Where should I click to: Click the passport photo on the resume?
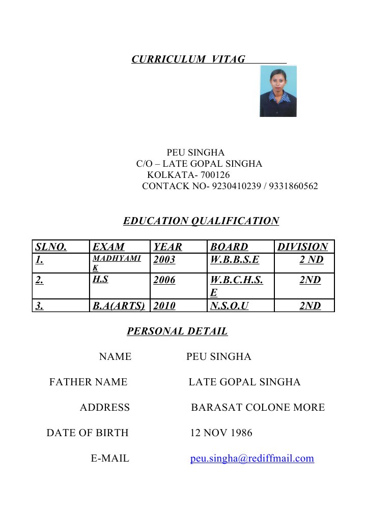click(278, 91)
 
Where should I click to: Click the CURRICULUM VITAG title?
click(188, 59)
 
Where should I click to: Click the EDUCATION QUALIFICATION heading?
click(201, 221)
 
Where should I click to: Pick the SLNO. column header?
click(51, 247)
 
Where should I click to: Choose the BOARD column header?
click(229, 247)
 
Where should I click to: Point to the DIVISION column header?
click(302, 247)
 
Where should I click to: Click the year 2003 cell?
click(164, 260)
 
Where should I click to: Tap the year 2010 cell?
click(164, 306)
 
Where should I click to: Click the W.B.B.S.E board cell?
click(235, 260)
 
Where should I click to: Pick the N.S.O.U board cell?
click(229, 306)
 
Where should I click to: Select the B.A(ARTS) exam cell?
click(119, 306)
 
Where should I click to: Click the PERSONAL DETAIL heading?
click(177, 332)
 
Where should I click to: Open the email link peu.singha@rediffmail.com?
click(252, 459)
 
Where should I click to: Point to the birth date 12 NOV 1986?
click(221, 433)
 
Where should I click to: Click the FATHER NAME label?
click(88, 382)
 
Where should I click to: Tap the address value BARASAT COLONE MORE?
click(258, 408)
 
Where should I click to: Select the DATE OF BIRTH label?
click(88, 433)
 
